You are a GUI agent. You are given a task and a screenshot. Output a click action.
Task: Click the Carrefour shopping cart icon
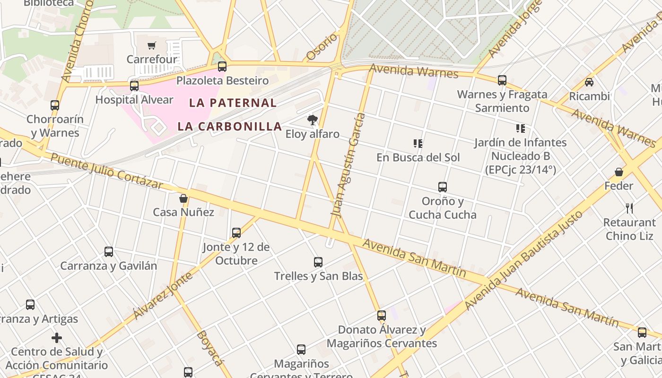pyautogui.click(x=151, y=46)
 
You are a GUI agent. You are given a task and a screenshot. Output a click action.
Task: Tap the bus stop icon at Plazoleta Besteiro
pyautogui.click(x=222, y=67)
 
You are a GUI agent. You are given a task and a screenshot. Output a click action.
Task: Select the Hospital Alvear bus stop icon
pyautogui.click(x=134, y=86)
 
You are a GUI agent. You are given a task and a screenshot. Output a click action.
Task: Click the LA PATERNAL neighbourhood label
pyautogui.click(x=233, y=103)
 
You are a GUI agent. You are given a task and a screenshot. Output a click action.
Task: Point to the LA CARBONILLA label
pyautogui.click(x=230, y=127)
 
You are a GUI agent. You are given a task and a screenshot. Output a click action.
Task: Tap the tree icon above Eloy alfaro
pyautogui.click(x=312, y=120)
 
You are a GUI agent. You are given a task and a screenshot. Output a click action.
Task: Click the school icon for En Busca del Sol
pyautogui.click(x=418, y=143)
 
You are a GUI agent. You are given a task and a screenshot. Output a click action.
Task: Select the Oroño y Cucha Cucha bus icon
pyautogui.click(x=443, y=187)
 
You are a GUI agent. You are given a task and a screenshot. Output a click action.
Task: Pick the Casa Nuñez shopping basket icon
pyautogui.click(x=183, y=198)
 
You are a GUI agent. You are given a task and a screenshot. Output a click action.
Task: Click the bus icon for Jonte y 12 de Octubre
pyautogui.click(x=236, y=233)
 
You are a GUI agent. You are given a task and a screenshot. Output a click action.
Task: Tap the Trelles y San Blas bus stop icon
pyautogui.click(x=318, y=262)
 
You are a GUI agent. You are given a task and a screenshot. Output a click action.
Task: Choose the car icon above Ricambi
pyautogui.click(x=589, y=82)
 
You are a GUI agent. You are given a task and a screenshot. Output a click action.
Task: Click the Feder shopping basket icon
pyautogui.click(x=618, y=172)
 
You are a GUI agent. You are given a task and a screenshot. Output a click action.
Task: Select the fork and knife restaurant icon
pyautogui.click(x=629, y=208)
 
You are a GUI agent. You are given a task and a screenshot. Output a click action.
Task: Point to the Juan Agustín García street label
pyautogui.click(x=348, y=165)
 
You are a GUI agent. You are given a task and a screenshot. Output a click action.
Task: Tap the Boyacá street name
pyautogui.click(x=209, y=348)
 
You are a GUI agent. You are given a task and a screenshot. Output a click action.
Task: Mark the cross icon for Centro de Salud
pyautogui.click(x=57, y=338)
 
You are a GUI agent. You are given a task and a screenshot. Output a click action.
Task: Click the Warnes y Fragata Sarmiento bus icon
pyautogui.click(x=502, y=80)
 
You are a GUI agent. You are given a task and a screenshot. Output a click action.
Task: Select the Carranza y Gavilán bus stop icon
pyautogui.click(x=109, y=252)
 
